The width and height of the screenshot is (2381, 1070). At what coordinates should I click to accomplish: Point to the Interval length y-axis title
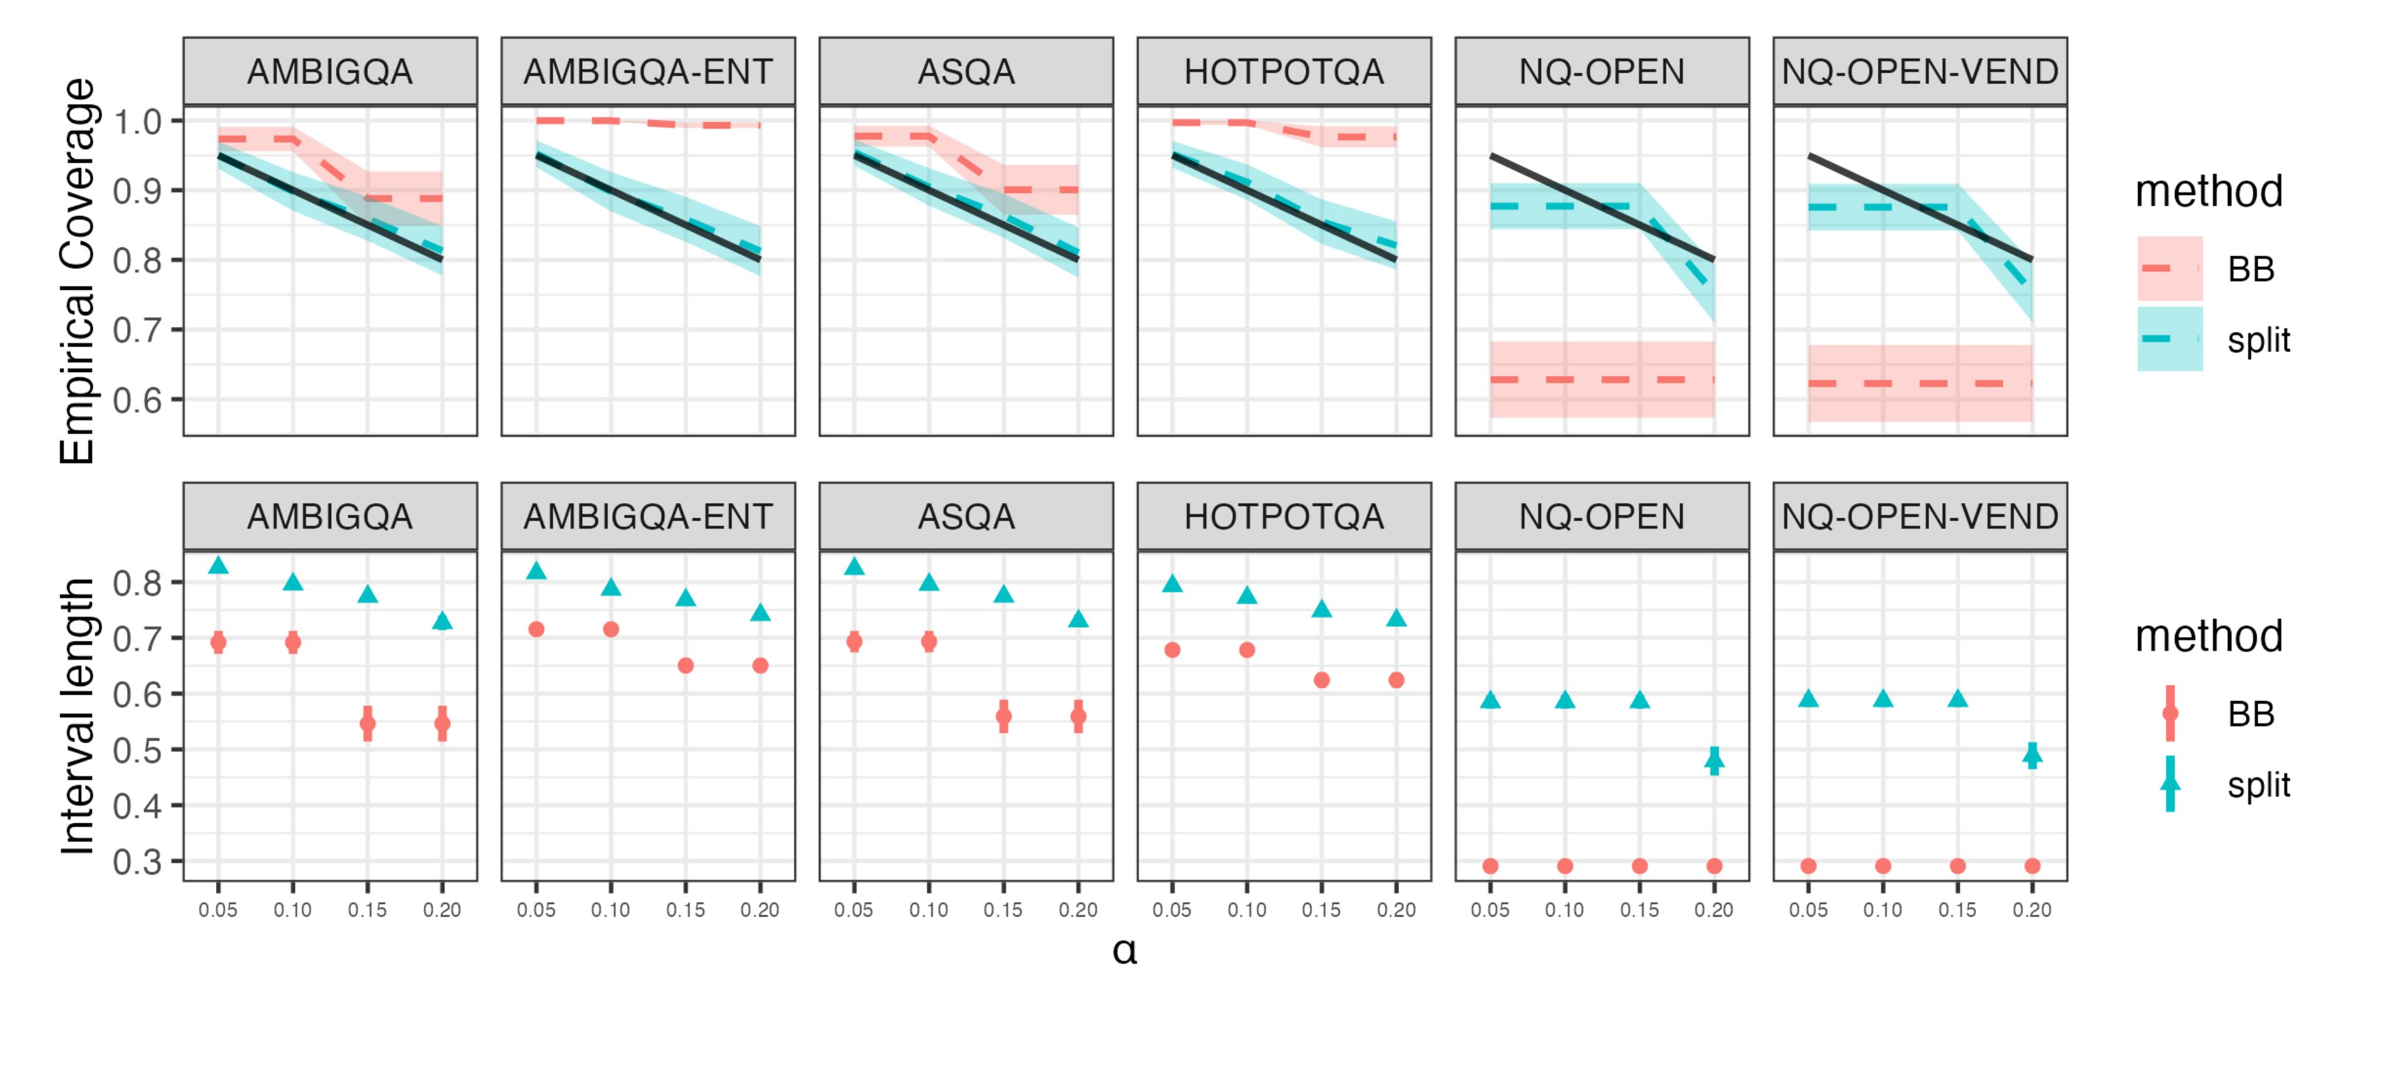click(x=78, y=716)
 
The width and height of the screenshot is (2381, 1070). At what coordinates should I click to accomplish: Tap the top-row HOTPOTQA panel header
click(x=1283, y=71)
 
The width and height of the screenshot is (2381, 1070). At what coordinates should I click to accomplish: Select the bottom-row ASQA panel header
click(x=966, y=516)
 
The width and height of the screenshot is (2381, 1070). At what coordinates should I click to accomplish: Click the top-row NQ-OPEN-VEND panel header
click(x=1919, y=71)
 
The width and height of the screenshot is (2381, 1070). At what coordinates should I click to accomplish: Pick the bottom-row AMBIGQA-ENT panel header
click(x=648, y=516)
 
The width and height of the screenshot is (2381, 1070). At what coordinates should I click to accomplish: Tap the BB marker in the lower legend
click(x=2169, y=713)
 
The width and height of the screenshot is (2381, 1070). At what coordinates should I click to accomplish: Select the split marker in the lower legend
click(x=2169, y=784)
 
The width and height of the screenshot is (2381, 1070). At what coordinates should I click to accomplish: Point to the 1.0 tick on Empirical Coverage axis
click(x=137, y=121)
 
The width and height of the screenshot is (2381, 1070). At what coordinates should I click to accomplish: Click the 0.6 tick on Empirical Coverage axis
click(x=137, y=400)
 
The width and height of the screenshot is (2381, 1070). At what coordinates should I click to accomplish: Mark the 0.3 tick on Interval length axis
click(x=137, y=862)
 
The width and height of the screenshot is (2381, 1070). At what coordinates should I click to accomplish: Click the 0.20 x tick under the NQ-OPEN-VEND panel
click(x=2032, y=910)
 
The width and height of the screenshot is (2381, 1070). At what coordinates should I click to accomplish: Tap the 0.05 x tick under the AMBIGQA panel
click(x=218, y=910)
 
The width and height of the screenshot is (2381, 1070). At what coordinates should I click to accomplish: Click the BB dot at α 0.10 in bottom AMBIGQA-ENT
click(x=611, y=630)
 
